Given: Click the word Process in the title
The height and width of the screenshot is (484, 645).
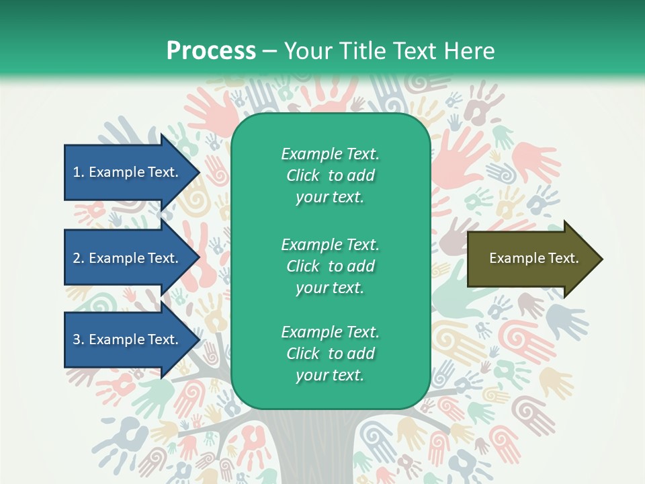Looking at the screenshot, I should [211, 51].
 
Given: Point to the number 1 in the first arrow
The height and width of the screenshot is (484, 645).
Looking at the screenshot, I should [77, 172].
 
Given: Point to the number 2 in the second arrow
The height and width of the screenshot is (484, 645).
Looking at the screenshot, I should [77, 258].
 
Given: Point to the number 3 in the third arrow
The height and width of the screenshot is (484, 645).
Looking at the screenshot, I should [77, 339].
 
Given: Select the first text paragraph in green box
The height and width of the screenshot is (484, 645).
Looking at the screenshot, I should [330, 175].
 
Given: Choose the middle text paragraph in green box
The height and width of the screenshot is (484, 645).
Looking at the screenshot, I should [330, 266].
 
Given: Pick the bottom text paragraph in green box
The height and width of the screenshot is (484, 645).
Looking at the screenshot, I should [330, 354].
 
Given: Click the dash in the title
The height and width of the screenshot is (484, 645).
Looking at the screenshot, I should [269, 51].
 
